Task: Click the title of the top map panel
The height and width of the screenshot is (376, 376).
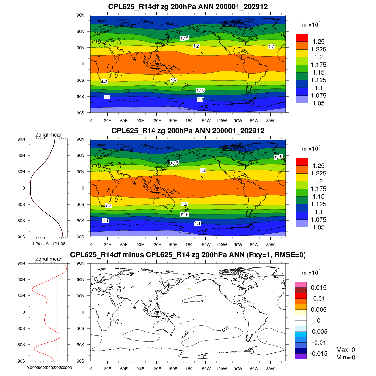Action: coord(188,7)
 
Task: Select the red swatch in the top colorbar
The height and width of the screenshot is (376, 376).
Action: coord(302,38)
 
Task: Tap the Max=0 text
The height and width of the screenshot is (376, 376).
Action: coord(346,350)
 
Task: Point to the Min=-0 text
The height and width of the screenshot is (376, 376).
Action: coord(346,357)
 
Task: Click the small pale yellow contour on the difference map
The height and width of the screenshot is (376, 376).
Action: coord(189,289)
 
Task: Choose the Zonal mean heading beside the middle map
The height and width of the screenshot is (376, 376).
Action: coord(49,135)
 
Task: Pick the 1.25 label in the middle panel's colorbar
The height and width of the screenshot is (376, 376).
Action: coord(318,166)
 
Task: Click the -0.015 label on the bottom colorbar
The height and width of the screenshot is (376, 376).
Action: coord(319,353)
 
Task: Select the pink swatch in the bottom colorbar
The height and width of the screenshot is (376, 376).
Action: coord(301,285)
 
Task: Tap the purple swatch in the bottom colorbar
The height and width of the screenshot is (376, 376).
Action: coord(301,356)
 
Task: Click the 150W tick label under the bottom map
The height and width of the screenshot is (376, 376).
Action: coord(205,369)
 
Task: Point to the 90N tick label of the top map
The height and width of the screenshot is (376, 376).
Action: coord(81,15)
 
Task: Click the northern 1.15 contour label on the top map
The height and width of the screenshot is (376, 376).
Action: coord(185,38)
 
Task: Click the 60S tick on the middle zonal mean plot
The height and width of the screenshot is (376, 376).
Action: coord(22,221)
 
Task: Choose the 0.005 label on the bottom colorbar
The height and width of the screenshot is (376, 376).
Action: coord(319,310)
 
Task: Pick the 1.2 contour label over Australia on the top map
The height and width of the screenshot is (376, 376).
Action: coord(174,80)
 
